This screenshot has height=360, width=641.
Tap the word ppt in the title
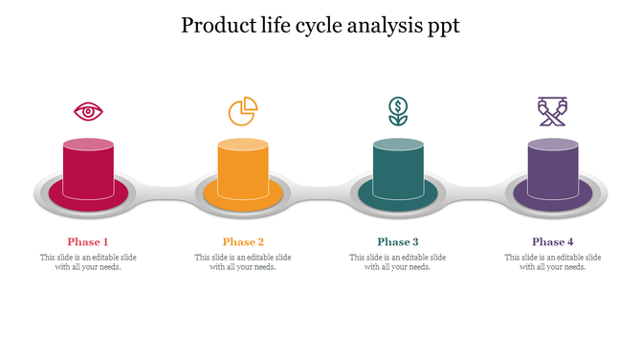pos(439,26)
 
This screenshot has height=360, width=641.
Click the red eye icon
pos(88,112)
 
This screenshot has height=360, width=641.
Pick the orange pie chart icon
pos(243,111)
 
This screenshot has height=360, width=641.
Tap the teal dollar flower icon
pos(397,111)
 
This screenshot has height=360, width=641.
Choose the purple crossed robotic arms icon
pos(552,111)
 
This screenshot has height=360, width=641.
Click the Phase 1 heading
pos(88,242)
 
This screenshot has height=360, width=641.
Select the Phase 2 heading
pos(243,242)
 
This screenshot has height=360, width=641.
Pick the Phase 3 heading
pos(398,242)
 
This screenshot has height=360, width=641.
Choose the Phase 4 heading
pos(553,242)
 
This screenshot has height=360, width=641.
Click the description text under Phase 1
pos(88,262)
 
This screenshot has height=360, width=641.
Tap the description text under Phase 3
pos(398,262)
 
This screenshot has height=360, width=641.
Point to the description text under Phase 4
pos(553,262)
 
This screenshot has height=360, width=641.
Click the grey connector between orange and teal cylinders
pos(320,192)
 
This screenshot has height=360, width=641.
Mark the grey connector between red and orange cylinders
pos(166,192)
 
